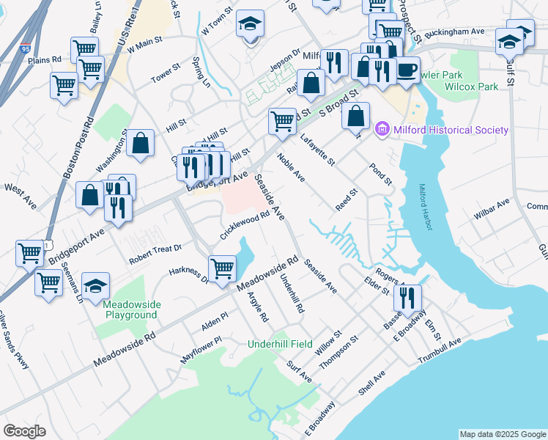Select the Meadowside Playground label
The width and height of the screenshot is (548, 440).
click(x=130, y=309)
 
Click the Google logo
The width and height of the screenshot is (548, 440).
click(x=25, y=431)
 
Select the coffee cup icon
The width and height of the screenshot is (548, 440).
click(x=408, y=70)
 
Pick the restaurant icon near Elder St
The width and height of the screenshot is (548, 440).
click(x=407, y=298)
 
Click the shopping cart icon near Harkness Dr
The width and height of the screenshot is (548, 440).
click(x=222, y=268)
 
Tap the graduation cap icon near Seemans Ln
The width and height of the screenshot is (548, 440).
click(x=95, y=286)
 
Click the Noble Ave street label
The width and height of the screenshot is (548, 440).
click(x=291, y=167)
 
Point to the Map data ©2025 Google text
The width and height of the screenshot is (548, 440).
click(x=502, y=434)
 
